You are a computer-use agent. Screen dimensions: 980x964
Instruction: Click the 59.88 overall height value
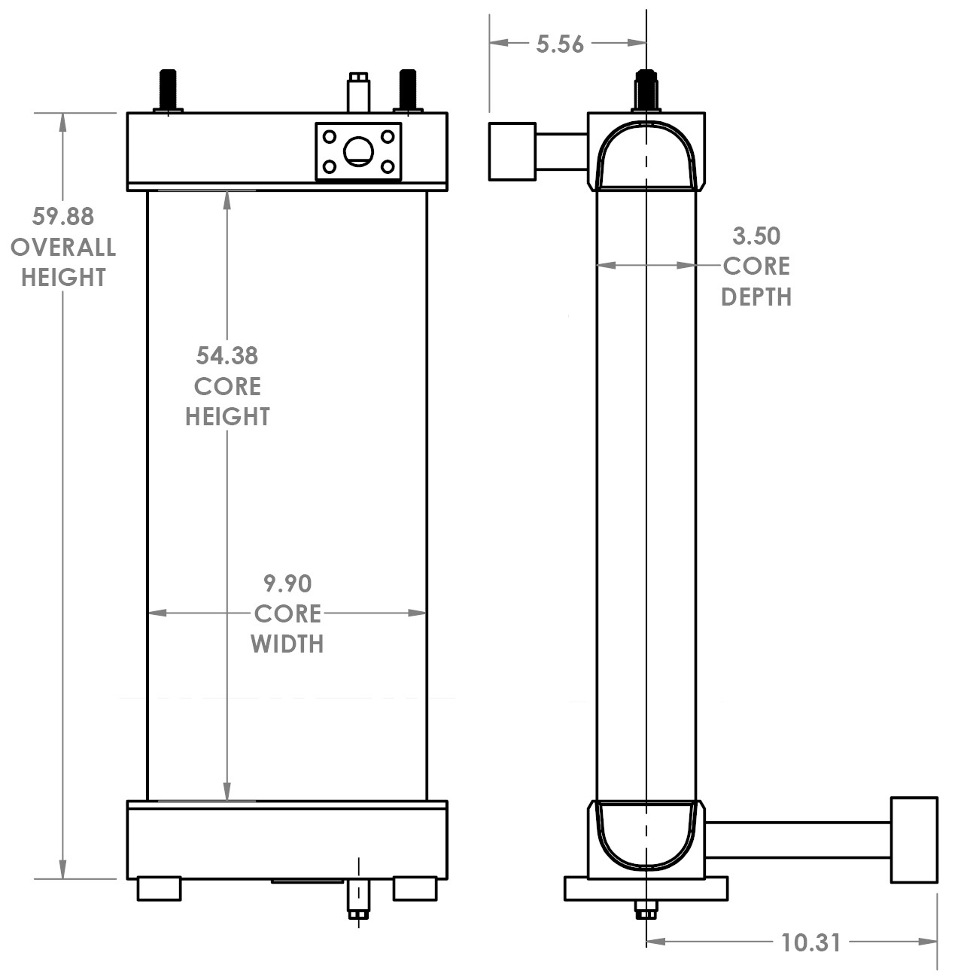(x=62, y=217)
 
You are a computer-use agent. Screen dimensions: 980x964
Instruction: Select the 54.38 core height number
(x=227, y=355)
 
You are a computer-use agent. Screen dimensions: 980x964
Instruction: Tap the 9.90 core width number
(x=287, y=583)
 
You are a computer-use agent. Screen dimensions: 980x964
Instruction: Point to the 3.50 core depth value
(x=756, y=236)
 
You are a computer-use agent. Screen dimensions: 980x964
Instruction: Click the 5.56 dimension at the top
(x=560, y=44)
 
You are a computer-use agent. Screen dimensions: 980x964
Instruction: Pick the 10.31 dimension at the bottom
(x=810, y=942)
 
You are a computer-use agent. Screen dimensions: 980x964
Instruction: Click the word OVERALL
(x=62, y=247)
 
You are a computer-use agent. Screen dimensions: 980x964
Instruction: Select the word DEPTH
(x=756, y=297)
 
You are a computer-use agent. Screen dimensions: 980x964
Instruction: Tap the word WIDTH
(x=287, y=644)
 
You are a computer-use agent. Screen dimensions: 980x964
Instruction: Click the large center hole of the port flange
(x=358, y=152)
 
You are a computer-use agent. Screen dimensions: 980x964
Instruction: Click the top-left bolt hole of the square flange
(x=329, y=136)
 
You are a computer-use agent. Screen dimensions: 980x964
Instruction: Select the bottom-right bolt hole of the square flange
(x=388, y=167)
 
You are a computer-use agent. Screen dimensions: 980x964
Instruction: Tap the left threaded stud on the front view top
(x=168, y=90)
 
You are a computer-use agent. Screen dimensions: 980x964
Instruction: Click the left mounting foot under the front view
(x=160, y=888)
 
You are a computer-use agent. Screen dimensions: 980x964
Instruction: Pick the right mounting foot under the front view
(x=415, y=888)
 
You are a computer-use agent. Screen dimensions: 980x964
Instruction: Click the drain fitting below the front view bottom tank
(x=358, y=899)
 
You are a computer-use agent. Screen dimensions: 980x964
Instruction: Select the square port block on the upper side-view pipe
(x=512, y=151)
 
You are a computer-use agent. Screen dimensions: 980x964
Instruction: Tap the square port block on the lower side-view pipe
(x=914, y=839)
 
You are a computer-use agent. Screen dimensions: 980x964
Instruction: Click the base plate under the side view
(x=646, y=888)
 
